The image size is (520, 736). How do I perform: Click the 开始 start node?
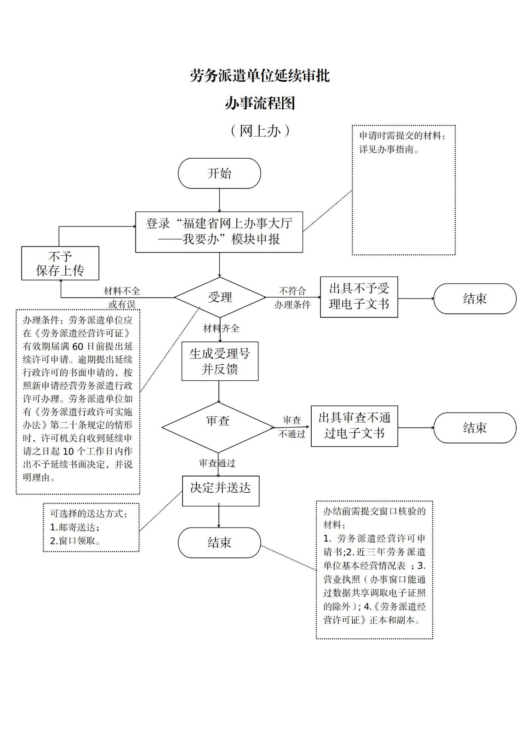219,173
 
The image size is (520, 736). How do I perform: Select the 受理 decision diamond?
220,297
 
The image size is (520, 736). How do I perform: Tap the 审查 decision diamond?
218,427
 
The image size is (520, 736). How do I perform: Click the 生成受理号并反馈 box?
220,361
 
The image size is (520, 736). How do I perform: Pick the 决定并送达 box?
220,490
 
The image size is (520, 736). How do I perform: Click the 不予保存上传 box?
60,263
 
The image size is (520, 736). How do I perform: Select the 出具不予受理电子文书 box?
359,297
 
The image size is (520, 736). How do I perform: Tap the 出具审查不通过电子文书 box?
354,426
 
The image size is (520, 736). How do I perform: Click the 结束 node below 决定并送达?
219,543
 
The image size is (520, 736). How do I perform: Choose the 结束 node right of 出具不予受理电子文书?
474,299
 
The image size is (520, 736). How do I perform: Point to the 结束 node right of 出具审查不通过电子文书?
474,428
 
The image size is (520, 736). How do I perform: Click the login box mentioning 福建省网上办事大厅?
219,231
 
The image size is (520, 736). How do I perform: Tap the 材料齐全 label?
221,328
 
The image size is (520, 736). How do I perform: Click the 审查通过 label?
217,463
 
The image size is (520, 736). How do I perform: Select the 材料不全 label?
122,291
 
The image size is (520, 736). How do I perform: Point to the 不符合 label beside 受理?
292,291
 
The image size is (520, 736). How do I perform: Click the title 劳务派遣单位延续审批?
260,76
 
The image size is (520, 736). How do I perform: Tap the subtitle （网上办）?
260,131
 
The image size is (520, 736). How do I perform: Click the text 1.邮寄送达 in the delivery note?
74,527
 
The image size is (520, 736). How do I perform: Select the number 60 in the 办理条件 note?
78,346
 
